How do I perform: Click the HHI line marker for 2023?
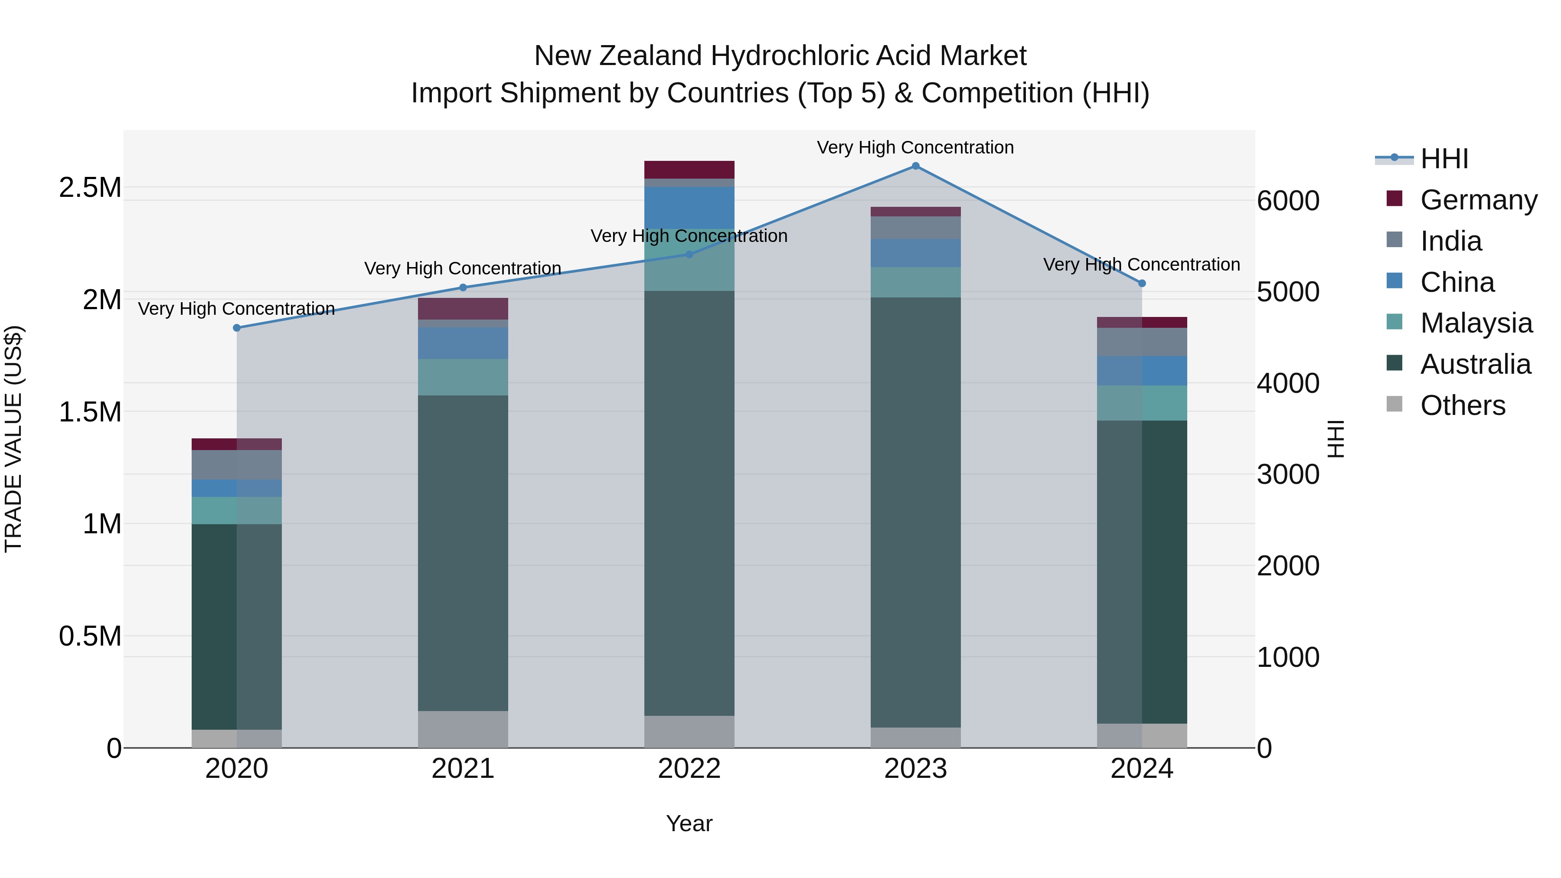coord(915,166)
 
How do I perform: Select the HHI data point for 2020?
coord(237,328)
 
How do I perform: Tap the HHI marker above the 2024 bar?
coord(1142,283)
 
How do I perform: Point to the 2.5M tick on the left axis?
coord(90,188)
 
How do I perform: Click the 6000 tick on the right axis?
coord(1288,201)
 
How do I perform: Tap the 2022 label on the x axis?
coord(689,769)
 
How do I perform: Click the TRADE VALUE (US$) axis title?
coord(14,439)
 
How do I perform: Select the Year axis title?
coord(689,823)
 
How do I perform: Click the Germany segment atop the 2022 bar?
coord(689,170)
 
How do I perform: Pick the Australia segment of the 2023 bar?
coord(915,512)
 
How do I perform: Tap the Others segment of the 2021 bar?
coord(463,729)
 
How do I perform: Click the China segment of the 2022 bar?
coord(689,207)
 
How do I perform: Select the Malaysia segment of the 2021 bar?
coord(463,377)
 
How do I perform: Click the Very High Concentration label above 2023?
coord(915,147)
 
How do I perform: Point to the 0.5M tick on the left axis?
coord(90,636)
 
